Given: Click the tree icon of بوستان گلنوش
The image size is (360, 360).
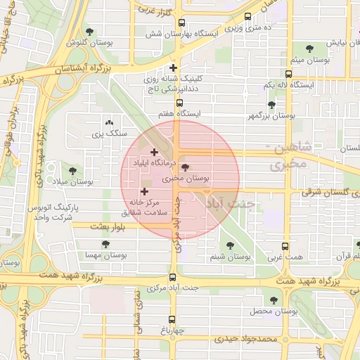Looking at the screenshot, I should click(89, 31).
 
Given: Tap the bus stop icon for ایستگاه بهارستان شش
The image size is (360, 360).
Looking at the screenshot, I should click(182, 22).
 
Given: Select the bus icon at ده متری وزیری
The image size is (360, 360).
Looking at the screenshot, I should click(247, 16).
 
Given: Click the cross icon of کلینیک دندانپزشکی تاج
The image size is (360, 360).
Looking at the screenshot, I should click(174, 68).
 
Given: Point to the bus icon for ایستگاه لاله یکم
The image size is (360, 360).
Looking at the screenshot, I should click(288, 74).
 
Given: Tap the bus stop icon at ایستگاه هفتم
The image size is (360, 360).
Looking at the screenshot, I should click(179, 103).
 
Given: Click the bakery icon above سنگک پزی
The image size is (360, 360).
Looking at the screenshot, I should click(108, 123).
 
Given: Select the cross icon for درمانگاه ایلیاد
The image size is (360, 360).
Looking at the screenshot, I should click(154, 152).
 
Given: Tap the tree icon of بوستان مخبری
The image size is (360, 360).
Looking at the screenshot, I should click(185, 167).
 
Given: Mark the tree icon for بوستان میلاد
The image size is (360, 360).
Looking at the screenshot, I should click(72, 170).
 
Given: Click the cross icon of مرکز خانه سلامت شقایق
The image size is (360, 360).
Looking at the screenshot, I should click(145, 191).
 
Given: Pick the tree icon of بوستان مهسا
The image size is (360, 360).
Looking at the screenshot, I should click(105, 244).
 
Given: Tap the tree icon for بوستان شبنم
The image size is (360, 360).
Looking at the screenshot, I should click(230, 245).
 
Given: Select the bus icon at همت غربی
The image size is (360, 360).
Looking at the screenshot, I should click(285, 247).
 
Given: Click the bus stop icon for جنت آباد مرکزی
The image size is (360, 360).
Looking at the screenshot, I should click(174, 276).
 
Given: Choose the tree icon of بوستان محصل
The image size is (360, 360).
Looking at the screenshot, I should click(274, 300).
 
